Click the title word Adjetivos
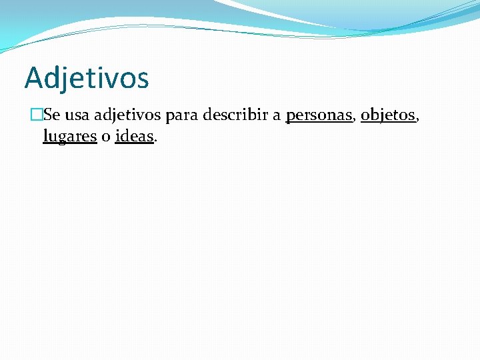[x=87, y=78]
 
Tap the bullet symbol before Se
[x=37, y=115]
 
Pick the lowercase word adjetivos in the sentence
[x=127, y=116]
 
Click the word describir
[x=235, y=115]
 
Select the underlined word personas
[x=319, y=116]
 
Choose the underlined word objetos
[x=387, y=116]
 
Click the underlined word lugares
[x=70, y=137]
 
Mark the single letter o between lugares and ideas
[x=106, y=137]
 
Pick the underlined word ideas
[x=134, y=137]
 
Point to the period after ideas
[x=155, y=141]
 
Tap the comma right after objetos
[x=417, y=121]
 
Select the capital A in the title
[x=33, y=78]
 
